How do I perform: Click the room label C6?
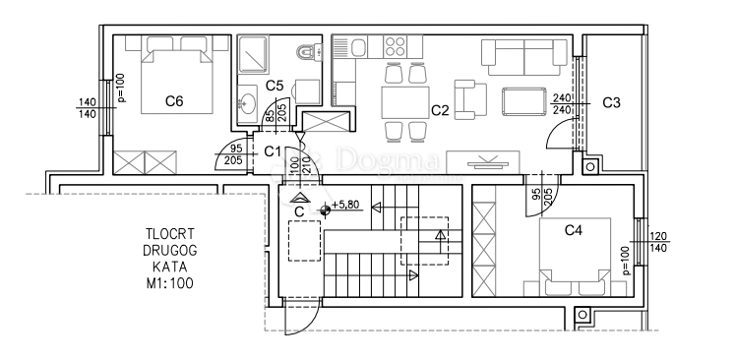pos(174,100)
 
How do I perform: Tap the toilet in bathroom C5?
pos(309,51)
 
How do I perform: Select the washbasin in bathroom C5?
pos(247,101)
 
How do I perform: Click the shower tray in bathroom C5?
pos(253,55)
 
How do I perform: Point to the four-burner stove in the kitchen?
pos(395,46)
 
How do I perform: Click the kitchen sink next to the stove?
pos(358,46)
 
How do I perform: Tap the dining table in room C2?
pos(405,102)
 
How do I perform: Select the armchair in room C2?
pos(470,99)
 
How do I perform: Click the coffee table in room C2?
pos(524,101)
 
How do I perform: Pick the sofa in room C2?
pos(524,57)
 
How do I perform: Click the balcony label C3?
pos(611,102)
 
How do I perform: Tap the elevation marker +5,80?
pos(345,205)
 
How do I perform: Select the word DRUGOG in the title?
pos(169,250)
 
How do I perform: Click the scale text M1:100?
pos(169,283)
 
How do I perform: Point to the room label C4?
pos(574,230)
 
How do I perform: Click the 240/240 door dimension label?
pos(562,103)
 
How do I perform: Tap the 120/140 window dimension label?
pos(659,242)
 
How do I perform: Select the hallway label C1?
pos(273,151)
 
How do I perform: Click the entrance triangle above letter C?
pos(297,198)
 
